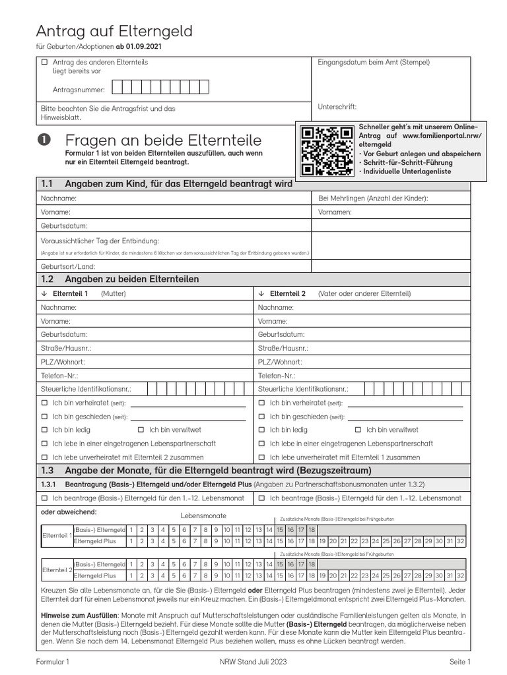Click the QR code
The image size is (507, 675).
click(326, 152)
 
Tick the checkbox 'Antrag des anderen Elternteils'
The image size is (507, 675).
click(45, 62)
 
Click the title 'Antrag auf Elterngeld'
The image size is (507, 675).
click(114, 31)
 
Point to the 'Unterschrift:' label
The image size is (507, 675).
click(337, 106)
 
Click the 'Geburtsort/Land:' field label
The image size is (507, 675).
click(67, 267)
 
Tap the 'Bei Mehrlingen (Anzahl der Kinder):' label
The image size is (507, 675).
click(373, 198)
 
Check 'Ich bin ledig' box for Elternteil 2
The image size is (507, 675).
click(261, 430)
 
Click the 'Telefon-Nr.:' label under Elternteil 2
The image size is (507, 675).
click(276, 375)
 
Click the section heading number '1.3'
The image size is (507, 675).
click(47, 471)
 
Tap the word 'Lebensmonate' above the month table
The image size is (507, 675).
click(203, 515)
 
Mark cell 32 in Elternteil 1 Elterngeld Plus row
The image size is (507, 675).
click(460, 541)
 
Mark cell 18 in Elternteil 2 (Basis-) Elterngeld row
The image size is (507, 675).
click(312, 565)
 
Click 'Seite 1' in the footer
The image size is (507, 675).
click(459, 661)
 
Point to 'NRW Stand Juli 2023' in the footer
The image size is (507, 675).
click(253, 661)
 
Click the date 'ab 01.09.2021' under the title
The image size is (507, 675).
click(139, 47)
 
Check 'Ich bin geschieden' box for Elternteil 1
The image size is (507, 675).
click(45, 417)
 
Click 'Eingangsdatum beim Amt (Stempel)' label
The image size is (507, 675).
click(373, 63)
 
